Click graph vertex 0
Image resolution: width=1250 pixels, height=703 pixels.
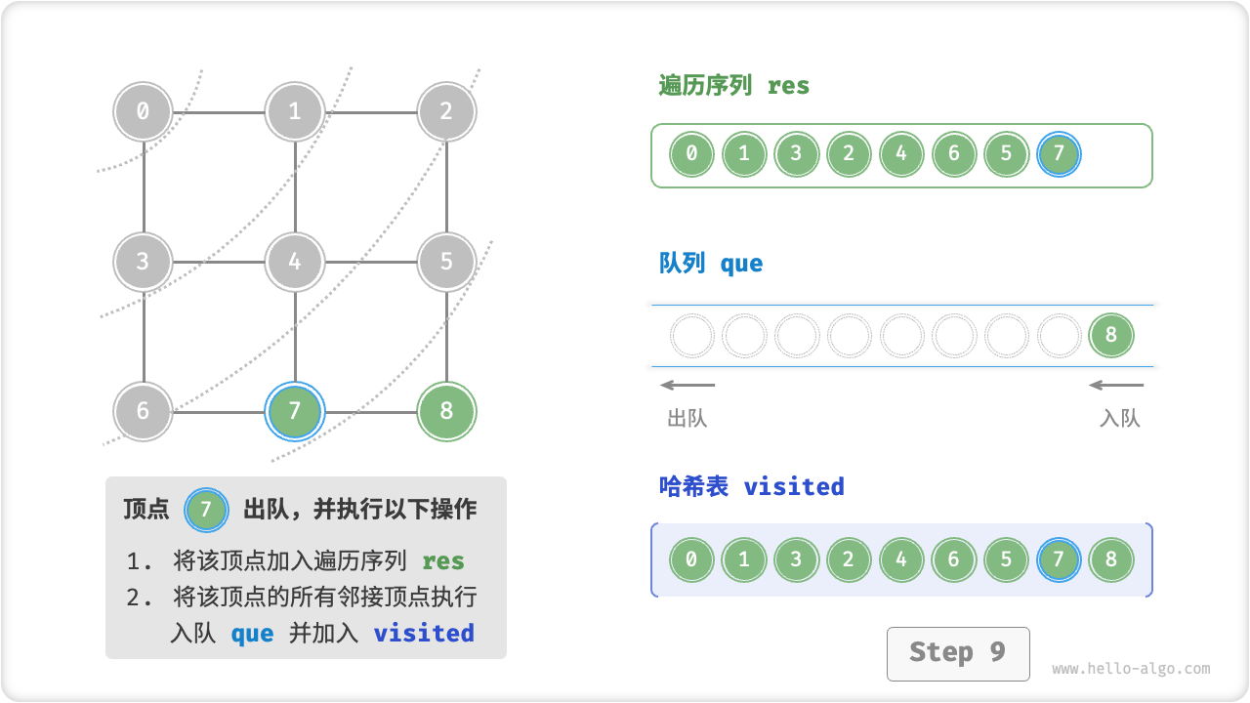click(x=144, y=111)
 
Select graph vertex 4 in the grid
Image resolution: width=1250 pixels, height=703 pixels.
click(x=295, y=262)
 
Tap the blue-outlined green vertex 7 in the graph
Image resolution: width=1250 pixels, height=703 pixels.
click(x=295, y=411)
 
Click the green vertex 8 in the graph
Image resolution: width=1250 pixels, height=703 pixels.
click(x=446, y=411)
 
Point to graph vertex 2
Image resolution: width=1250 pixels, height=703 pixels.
click(x=446, y=111)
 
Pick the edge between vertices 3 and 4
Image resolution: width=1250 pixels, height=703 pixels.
click(x=220, y=262)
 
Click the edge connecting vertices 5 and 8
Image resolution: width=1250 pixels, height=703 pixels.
click(x=446, y=337)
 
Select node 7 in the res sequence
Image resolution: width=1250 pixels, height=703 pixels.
click(x=1059, y=154)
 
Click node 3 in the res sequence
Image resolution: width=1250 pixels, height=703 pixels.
click(x=796, y=154)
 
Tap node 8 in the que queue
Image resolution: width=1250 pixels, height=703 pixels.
click(x=1110, y=336)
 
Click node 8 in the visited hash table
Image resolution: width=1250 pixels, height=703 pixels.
click(x=1110, y=560)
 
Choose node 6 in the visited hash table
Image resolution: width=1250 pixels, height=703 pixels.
click(x=953, y=560)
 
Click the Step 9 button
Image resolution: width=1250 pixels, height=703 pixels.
click(x=957, y=653)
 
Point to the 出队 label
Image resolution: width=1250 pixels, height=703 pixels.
click(x=687, y=419)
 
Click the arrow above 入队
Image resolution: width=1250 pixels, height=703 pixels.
click(x=1116, y=385)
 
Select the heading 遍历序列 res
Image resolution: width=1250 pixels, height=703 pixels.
click(x=734, y=86)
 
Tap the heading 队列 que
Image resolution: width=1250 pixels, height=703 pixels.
click(x=711, y=264)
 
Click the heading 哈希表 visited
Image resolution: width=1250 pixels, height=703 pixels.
click(x=751, y=486)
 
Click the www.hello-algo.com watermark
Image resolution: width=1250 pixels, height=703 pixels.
click(x=1131, y=669)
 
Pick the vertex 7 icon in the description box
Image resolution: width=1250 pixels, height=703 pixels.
click(x=205, y=510)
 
